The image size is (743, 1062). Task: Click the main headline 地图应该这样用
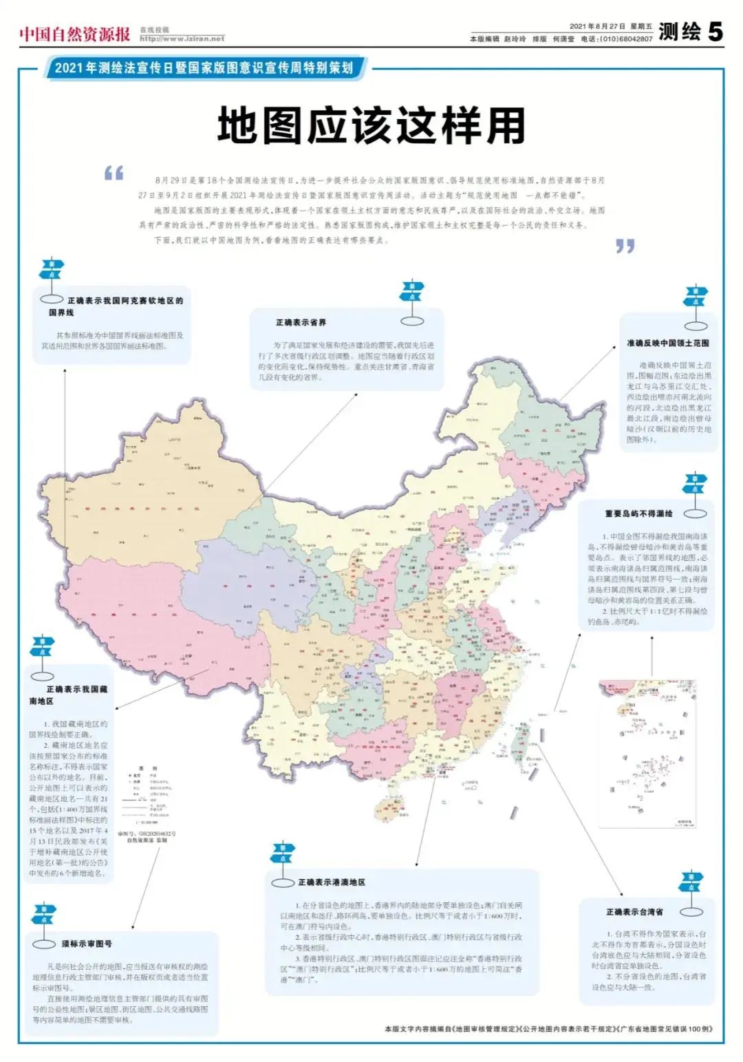click(x=371, y=126)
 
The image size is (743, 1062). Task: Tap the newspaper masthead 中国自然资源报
click(x=74, y=34)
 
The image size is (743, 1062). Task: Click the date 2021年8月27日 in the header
click(x=597, y=27)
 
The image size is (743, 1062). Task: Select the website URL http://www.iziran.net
click(x=182, y=39)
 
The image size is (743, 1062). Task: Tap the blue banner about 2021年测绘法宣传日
click(x=204, y=68)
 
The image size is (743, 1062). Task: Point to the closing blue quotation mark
click(x=625, y=246)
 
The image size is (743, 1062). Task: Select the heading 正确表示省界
click(x=301, y=322)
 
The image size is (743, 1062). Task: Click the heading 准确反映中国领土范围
click(x=667, y=343)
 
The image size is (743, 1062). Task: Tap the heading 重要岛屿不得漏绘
click(x=638, y=513)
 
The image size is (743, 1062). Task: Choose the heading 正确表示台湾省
click(x=634, y=912)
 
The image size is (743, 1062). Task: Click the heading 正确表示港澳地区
click(x=332, y=882)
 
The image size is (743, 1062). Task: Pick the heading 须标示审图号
click(x=87, y=944)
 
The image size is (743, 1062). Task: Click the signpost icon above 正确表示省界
click(x=412, y=303)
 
